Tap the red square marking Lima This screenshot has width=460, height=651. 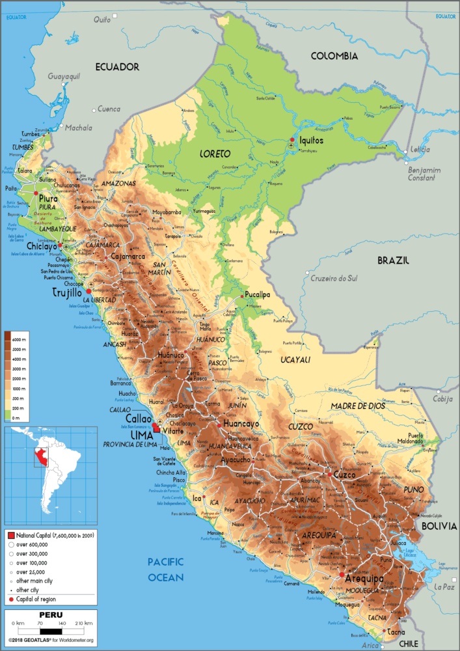(x=156, y=428)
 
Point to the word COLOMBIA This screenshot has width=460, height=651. (x=334, y=57)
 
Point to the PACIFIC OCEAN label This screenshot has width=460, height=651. (x=165, y=569)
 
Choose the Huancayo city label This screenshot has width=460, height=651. (x=241, y=423)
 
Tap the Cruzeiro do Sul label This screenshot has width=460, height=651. (x=334, y=278)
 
